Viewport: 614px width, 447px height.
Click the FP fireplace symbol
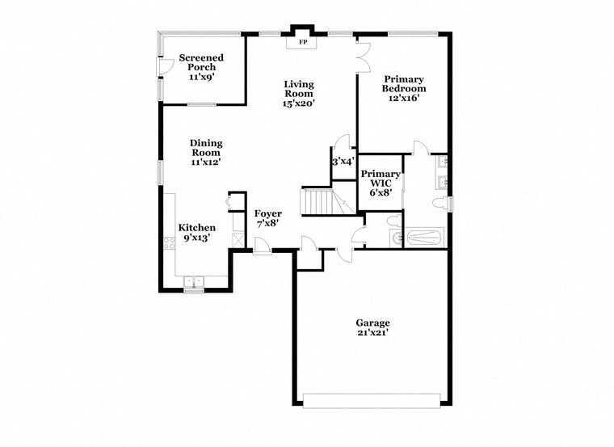coord(304,42)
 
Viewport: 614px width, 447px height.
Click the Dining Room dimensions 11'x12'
coord(206,162)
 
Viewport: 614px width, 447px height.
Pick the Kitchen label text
coord(197,228)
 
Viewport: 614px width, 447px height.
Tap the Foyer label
coord(268,213)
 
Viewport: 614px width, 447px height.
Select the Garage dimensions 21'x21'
coord(373,332)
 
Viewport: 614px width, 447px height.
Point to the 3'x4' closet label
coord(343,162)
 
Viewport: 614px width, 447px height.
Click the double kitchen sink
coord(194,282)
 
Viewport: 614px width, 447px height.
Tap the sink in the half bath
coord(394,238)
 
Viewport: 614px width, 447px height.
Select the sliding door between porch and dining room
coord(202,104)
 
